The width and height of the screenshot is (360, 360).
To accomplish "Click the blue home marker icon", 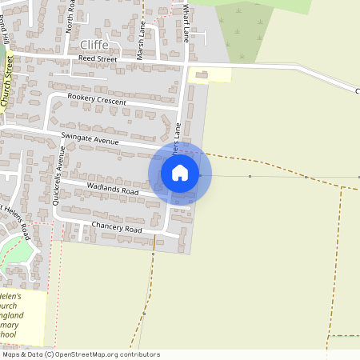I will click(x=180, y=173).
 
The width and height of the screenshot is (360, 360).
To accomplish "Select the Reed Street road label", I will click(x=98, y=59).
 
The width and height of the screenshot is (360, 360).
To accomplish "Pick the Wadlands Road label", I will click(x=114, y=190).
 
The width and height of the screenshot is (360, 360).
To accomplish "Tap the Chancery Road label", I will click(x=117, y=229).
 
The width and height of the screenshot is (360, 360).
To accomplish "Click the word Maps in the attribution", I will click(x=11, y=354).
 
